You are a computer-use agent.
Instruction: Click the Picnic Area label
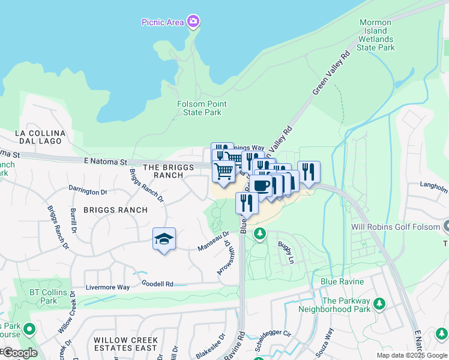click(x=162, y=23)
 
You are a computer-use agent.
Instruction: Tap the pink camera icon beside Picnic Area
click(x=193, y=22)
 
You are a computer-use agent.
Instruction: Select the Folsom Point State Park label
click(x=202, y=108)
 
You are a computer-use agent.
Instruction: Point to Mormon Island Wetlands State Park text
click(x=376, y=35)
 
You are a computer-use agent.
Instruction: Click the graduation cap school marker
click(x=164, y=239)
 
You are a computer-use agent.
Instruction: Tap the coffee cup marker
click(x=262, y=185)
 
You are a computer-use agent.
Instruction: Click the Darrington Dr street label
click(x=88, y=191)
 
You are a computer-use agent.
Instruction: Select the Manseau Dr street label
click(x=214, y=241)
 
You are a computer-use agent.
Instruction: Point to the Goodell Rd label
click(x=157, y=283)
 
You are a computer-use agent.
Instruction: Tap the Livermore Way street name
click(x=107, y=287)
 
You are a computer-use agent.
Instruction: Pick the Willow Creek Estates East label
click(x=125, y=344)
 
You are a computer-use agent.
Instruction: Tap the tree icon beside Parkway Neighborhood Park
click(x=379, y=304)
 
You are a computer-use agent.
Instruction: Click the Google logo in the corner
click(x=19, y=353)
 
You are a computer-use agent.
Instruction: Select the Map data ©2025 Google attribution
click(x=411, y=355)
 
